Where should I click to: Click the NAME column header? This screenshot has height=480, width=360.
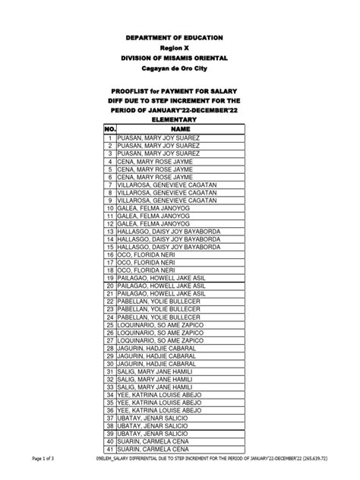[180, 130]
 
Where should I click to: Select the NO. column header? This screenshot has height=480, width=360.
[110, 130]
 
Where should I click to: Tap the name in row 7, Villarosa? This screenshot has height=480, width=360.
[163, 185]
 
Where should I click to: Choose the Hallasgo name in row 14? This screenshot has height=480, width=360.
[168, 238]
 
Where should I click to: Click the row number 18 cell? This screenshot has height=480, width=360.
[110, 270]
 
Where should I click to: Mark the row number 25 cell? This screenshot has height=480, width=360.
[110, 324]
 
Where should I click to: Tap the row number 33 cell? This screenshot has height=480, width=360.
[110, 387]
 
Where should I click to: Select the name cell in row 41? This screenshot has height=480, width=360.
[151, 449]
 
